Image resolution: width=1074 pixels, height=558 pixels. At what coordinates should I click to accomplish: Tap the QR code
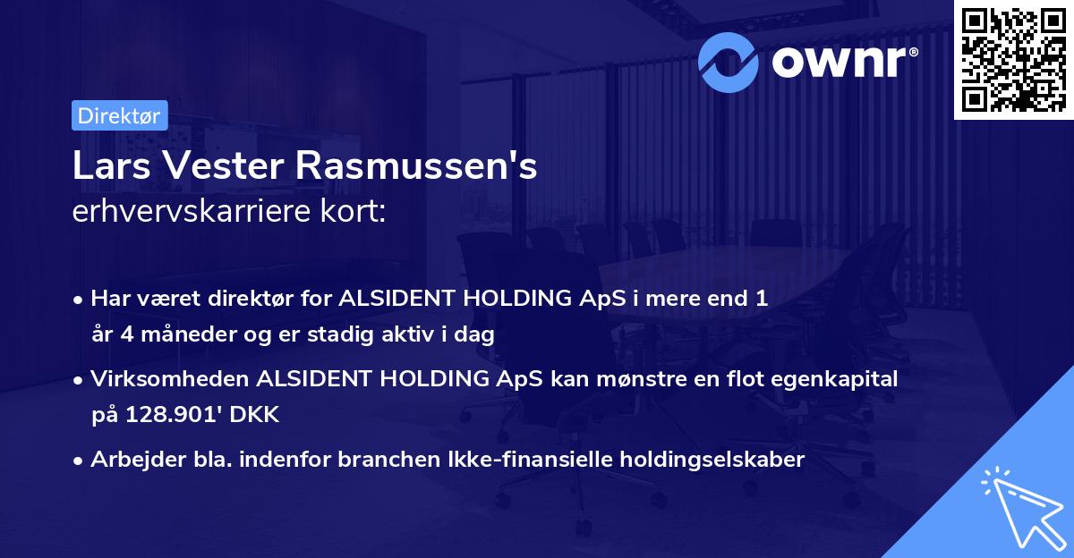point(1013,60)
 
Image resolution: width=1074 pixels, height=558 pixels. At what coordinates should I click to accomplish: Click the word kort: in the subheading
point(353,214)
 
